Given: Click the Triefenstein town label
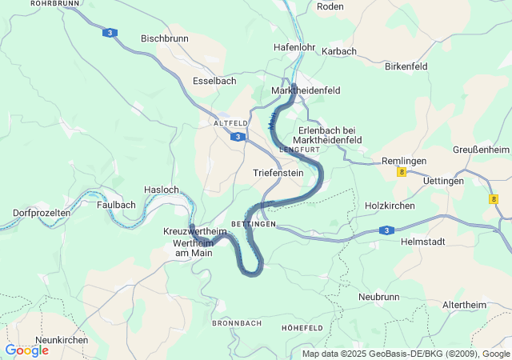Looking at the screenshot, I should click(278, 173).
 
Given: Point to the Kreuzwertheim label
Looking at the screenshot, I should click(195, 231).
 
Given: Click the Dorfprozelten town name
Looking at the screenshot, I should click(42, 213).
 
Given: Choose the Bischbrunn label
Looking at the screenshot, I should click(165, 38).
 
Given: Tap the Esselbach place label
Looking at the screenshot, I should click(214, 81).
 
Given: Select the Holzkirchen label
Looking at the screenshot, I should click(390, 205).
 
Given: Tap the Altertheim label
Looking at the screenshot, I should click(469, 305).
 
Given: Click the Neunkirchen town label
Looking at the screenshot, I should click(62, 340).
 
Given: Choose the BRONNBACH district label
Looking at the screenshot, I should click(237, 323).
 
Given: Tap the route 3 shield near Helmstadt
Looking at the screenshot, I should click(386, 230).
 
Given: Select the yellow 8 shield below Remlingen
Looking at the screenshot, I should click(401, 172).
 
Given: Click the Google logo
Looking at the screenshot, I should click(26, 350).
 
